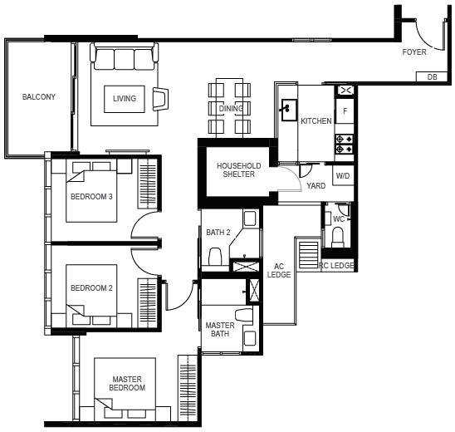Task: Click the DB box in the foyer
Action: click(x=432, y=76)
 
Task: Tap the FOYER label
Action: click(x=414, y=52)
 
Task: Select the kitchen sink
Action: click(x=289, y=110)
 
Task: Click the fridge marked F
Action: click(x=345, y=110)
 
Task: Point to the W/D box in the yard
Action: click(x=343, y=175)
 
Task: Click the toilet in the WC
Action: click(x=337, y=238)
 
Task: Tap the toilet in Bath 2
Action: click(x=215, y=256)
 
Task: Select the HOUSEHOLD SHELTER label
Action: click(x=238, y=169)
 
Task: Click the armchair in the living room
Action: click(x=160, y=99)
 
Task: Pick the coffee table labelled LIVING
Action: click(x=125, y=99)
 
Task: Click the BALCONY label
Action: click(x=39, y=96)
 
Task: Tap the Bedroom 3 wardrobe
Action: click(x=148, y=184)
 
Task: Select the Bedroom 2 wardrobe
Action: click(x=148, y=303)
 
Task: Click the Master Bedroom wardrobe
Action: click(x=188, y=388)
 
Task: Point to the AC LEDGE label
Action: click(x=279, y=270)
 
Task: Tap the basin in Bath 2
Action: click(x=250, y=218)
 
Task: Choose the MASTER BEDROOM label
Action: click(x=127, y=383)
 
